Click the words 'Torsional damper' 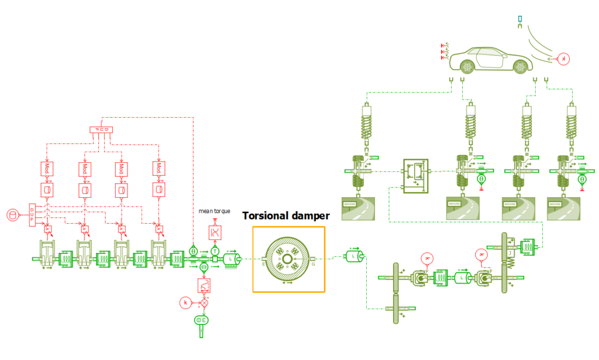pyautogui.click(x=286, y=216)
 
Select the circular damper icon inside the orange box pyautogui.click(x=288, y=259)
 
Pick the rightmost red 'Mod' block pyautogui.click(x=158, y=169)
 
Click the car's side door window pyautogui.click(x=489, y=55)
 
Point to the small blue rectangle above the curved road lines pyautogui.click(x=520, y=19)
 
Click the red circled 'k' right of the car pyautogui.click(x=563, y=59)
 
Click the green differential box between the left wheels pyautogui.click(x=416, y=174)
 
